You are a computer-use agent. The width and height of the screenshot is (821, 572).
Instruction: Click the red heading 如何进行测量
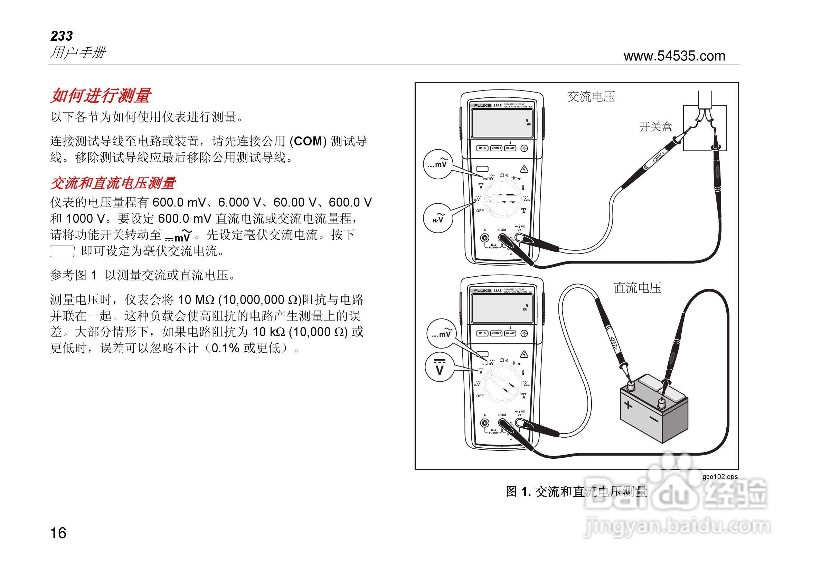point(101,95)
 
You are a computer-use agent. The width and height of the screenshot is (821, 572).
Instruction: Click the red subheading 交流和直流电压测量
point(113,183)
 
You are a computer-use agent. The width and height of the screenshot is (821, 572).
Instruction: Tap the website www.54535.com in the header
point(674,56)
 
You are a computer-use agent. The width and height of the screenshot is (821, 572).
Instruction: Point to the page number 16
point(58,533)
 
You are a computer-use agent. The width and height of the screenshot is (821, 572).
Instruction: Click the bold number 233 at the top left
point(62,36)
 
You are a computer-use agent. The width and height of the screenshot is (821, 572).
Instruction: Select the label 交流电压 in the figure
point(591,96)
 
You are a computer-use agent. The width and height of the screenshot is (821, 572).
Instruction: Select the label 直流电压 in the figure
point(637,288)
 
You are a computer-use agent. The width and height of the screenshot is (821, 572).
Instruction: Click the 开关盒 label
point(655,127)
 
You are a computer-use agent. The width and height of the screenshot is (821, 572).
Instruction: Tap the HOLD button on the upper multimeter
point(482,148)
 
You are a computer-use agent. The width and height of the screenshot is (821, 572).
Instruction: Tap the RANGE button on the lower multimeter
point(510,333)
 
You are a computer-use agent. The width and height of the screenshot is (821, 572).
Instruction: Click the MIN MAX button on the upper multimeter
point(496,148)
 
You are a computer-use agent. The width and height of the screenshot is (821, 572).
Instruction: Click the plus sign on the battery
point(628,405)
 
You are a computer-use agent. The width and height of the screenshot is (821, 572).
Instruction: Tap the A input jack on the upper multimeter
point(484,237)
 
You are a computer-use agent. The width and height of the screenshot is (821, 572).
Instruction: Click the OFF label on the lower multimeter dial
point(480,396)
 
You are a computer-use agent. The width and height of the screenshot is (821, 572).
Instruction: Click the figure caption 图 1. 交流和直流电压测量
point(576,492)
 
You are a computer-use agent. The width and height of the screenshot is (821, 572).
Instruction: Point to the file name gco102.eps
point(719,477)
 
